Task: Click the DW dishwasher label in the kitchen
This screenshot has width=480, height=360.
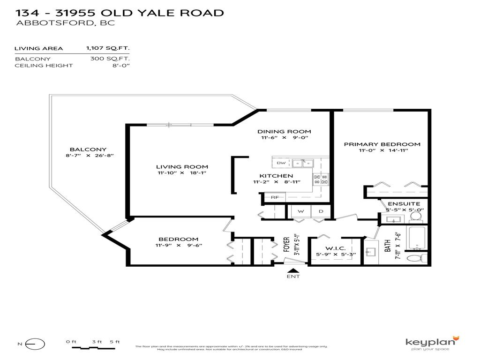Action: pos(281,163)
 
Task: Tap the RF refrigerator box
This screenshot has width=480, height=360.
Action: pos(275,197)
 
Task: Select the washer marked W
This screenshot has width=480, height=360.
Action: pos(301,211)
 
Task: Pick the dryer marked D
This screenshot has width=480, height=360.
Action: pos(321,211)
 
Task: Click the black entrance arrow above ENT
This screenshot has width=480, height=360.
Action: pos(293,270)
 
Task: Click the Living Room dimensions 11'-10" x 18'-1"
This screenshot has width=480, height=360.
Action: pos(182,173)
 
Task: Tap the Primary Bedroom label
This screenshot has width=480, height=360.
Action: pos(382,144)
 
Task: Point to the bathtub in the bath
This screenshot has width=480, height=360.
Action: pos(417,239)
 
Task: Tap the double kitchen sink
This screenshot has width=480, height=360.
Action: pos(302,163)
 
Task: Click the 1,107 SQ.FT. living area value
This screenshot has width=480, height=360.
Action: pos(107,48)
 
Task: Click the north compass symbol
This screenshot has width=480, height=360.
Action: pos(36,344)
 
